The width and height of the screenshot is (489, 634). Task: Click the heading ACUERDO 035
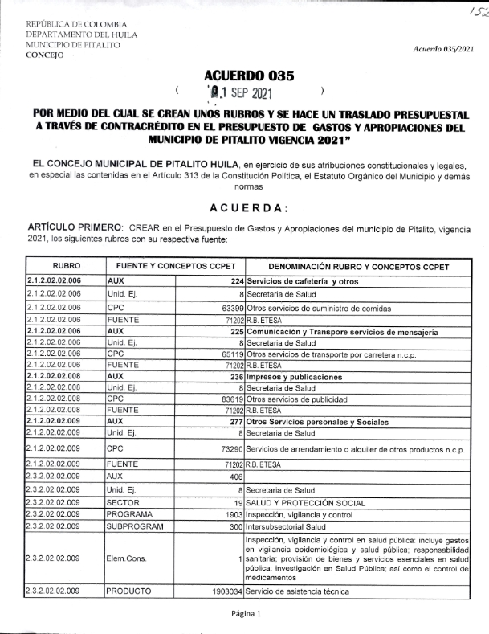pos(249,76)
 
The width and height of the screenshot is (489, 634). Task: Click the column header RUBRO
pos(66,266)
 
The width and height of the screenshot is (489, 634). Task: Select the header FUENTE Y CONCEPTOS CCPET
pos(174,266)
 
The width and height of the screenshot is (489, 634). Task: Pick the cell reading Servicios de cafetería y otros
pos(302,282)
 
